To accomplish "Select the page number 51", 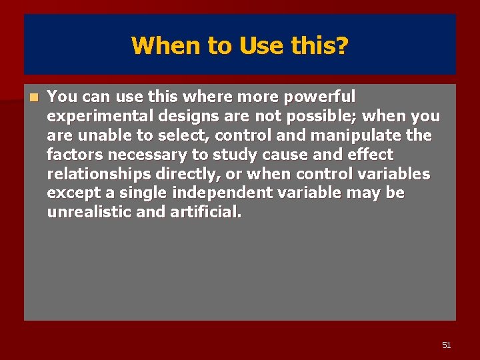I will pos(446,345).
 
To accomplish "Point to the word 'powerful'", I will pos(319,97).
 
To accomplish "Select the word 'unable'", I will pos(99,135).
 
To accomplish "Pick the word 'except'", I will pos(70,193).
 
